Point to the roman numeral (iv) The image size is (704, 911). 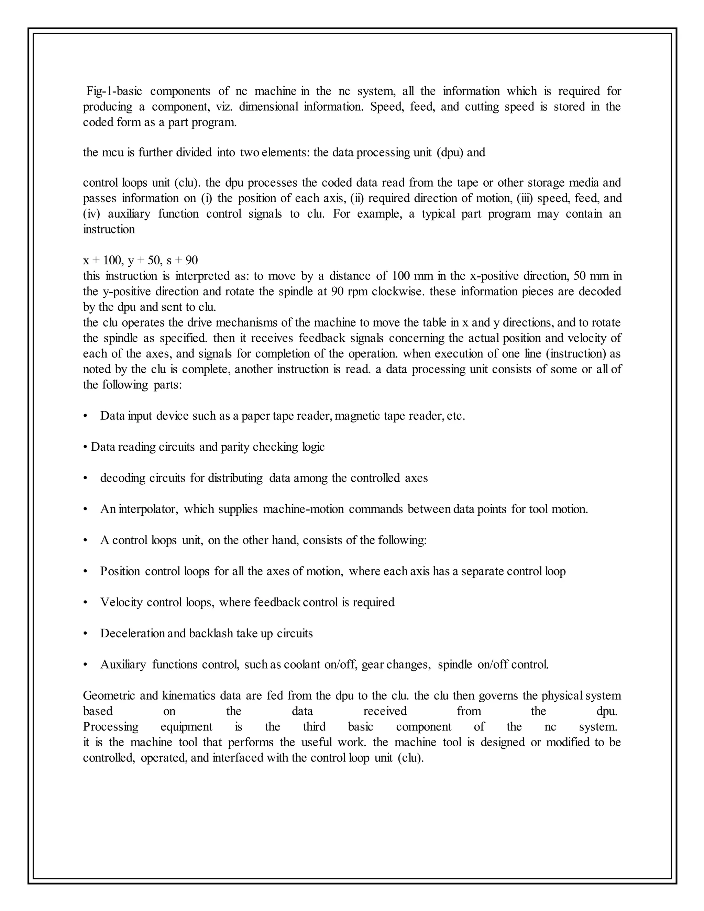coord(92,214)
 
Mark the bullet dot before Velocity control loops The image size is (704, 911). coord(86,603)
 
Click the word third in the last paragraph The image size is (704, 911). coord(314,727)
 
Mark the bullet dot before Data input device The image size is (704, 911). coord(86,416)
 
